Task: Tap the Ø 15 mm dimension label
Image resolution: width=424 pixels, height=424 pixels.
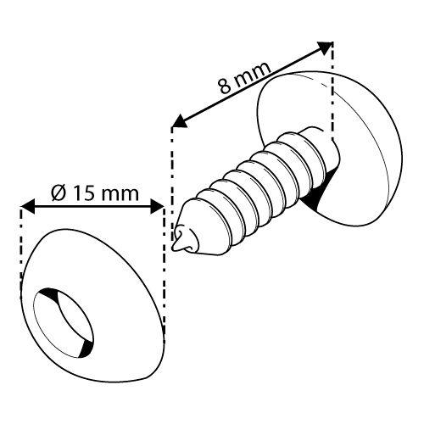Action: click(95, 193)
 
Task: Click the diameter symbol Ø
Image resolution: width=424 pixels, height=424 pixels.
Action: click(59, 193)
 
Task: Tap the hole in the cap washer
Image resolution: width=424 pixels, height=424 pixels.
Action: click(63, 323)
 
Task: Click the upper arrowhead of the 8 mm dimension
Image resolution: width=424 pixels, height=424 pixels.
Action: click(325, 47)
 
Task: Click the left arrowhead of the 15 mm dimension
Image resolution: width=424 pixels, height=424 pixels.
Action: click(28, 206)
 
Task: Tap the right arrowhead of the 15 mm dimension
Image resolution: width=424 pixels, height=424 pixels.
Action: click(157, 206)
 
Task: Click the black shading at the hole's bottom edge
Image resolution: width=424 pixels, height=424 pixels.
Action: click(86, 349)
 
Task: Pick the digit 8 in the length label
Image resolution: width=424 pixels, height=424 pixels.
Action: click(226, 86)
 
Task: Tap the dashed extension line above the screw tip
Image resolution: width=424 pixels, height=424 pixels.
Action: click(172, 187)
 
